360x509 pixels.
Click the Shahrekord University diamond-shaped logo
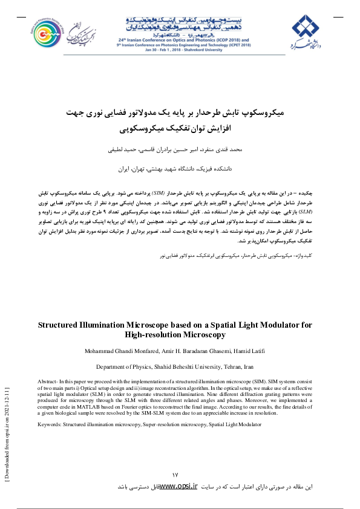pyautogui.click(x=307, y=27)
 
